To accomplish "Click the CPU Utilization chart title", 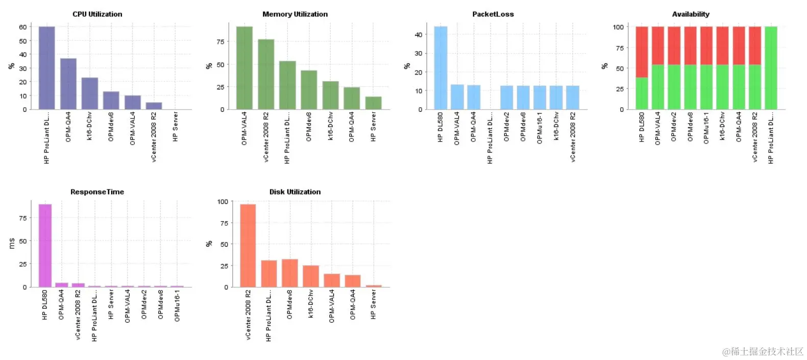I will coord(97,14).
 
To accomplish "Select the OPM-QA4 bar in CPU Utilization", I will coord(68,84).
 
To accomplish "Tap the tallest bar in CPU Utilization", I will coord(46,68).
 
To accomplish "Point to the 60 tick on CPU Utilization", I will coord(23,27).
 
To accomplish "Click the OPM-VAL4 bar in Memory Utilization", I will coord(244,68).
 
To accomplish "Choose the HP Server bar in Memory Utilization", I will coord(373,103).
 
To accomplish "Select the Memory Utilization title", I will coord(295,14).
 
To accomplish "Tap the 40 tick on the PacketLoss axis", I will coord(419,35).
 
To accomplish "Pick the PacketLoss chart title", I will coord(493,14).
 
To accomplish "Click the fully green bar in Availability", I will coord(771,68).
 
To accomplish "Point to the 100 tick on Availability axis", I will coord(618,27).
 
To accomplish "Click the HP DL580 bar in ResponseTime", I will coord(45,246).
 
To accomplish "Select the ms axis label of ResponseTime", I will coord(12,243).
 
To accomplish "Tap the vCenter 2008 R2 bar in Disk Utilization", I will coord(248,246).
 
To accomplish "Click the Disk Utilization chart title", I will coord(295,192).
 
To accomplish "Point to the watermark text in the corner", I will coord(763,351).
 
